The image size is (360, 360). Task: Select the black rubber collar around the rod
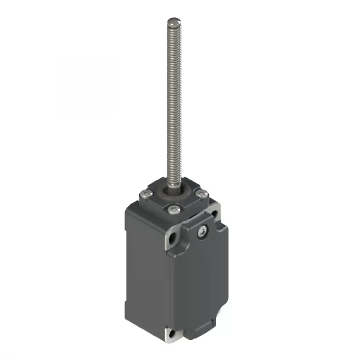pyautogui.click(x=179, y=192)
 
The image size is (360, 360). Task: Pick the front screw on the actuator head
pyautogui.click(x=173, y=208)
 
